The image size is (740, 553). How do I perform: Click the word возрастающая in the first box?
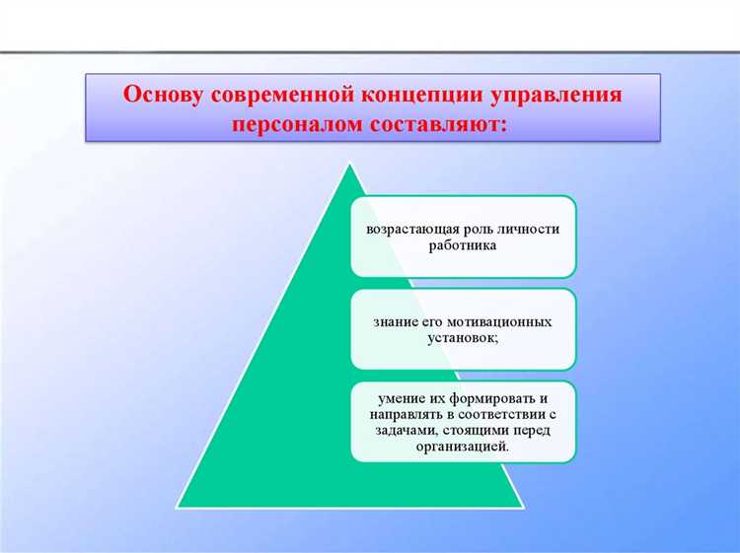(x=410, y=229)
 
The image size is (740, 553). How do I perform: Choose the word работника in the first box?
(x=463, y=245)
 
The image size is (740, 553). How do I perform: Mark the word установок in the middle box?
(x=461, y=339)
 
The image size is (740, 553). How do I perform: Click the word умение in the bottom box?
(x=402, y=397)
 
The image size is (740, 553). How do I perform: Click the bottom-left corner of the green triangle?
(x=177, y=507)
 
